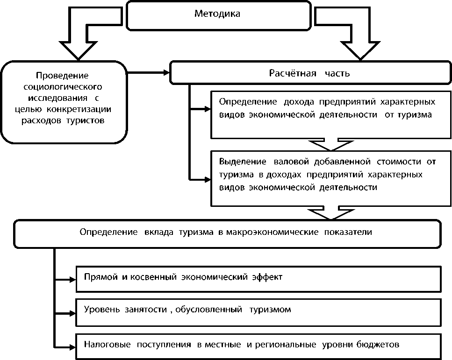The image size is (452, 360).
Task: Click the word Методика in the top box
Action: [x=217, y=14]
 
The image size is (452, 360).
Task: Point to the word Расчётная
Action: [x=288, y=74]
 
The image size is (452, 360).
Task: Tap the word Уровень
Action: [x=100, y=310]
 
